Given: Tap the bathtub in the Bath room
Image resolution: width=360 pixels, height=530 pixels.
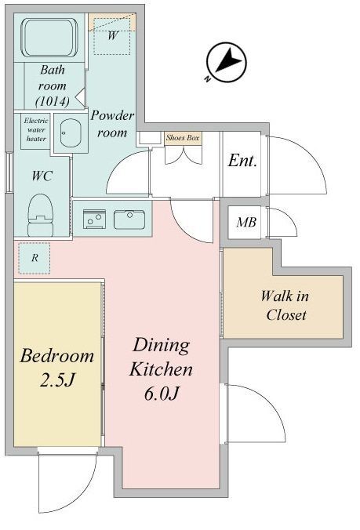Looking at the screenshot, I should coord(48,37).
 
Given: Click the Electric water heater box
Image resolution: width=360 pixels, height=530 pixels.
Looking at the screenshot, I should coord(36,130).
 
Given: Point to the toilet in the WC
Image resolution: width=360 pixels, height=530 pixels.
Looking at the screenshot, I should coord(41,214).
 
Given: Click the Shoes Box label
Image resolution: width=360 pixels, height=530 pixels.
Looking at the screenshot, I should coord(183,137).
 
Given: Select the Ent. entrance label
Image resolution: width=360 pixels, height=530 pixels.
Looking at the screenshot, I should coord(243,162).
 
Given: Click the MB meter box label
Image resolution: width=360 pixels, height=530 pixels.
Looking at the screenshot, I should coord(245,222).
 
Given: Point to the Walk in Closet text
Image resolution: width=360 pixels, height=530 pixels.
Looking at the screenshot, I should coord(285,307).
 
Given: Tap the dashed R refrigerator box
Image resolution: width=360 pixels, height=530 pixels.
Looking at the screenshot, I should coord(35,258).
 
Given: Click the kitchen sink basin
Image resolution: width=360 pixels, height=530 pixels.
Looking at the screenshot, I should coord(129,219).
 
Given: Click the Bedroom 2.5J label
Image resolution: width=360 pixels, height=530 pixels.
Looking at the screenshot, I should coord(56,367).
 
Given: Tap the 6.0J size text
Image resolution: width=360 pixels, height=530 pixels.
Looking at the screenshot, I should coord(162,392).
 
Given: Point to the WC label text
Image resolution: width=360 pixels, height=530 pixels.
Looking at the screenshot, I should coord(42,176).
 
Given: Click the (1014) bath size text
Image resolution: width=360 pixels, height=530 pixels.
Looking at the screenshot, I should coord(53,101).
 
